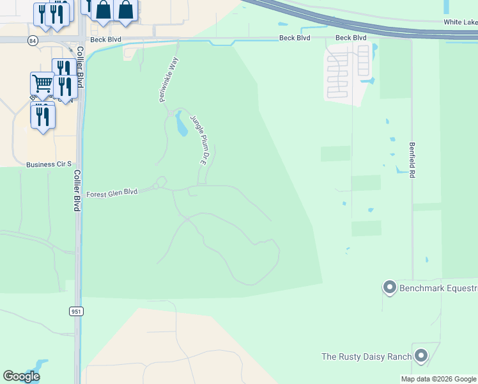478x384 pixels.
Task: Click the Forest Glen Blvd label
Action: pyautogui.click(x=112, y=192)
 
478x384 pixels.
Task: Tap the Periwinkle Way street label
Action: pyautogui.click(x=167, y=81)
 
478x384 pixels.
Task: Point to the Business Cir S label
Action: pyautogui.click(x=49, y=164)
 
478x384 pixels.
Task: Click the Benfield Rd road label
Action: pyautogui.click(x=412, y=160)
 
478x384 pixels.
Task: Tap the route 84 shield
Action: pyautogui.click(x=33, y=40)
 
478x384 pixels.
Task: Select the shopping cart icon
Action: pyautogui.click(x=42, y=83)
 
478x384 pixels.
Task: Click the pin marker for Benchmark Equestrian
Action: pyautogui.click(x=389, y=287)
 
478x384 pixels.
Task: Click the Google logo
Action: pyautogui.click(x=21, y=376)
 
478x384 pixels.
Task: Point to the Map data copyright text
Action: pyautogui.click(x=439, y=379)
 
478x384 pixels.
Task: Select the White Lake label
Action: pyautogui.click(x=461, y=22)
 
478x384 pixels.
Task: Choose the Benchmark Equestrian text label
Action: pyautogui.click(x=438, y=289)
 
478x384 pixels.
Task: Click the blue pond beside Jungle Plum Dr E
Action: pyautogui.click(x=181, y=125)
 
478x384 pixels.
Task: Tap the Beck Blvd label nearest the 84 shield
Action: pyautogui.click(x=105, y=39)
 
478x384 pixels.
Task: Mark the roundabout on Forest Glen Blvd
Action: pyautogui.click(x=160, y=183)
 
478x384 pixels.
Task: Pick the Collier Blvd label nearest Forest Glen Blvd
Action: pyautogui.click(x=76, y=191)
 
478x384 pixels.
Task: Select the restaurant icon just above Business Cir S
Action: pyautogui.click(x=43, y=115)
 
